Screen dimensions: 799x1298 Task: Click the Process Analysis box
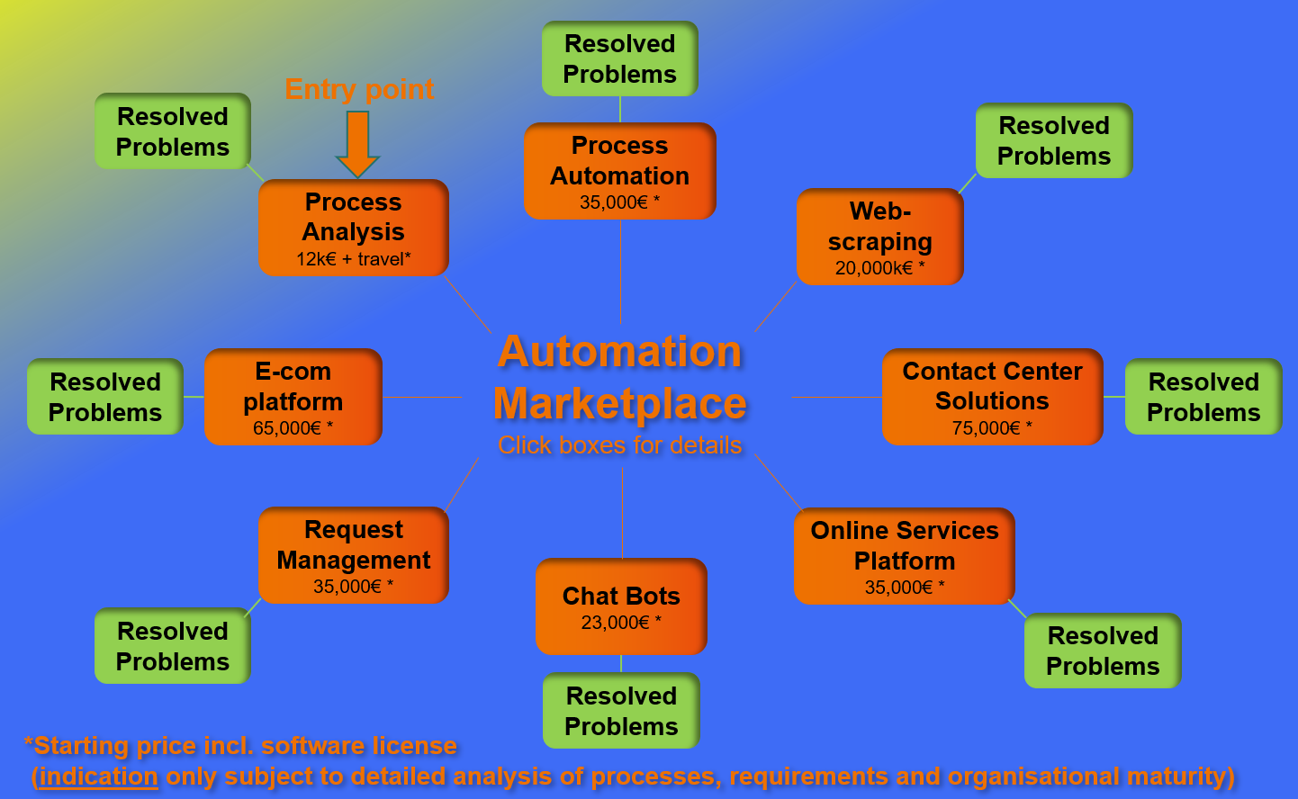click(354, 228)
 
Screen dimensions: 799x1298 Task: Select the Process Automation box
click(620, 171)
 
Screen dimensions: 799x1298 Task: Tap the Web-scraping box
click(880, 237)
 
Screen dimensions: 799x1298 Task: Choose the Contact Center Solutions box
click(992, 397)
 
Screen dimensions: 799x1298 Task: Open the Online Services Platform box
click(905, 556)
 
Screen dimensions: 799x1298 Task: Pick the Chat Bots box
click(621, 606)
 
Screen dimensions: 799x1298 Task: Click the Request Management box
click(354, 555)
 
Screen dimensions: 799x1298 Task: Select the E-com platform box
click(293, 397)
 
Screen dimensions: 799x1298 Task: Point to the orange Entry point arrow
click(357, 143)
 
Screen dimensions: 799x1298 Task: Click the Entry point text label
click(359, 89)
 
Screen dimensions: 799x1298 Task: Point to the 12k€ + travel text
click(354, 259)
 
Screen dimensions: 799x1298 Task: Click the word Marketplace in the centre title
click(620, 403)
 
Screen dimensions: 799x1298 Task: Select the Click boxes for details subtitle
click(620, 444)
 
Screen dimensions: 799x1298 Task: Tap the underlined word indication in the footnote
click(99, 776)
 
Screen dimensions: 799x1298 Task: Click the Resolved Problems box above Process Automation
click(620, 58)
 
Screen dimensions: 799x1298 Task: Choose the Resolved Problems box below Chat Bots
click(621, 711)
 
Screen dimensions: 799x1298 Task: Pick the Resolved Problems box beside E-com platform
click(105, 397)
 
